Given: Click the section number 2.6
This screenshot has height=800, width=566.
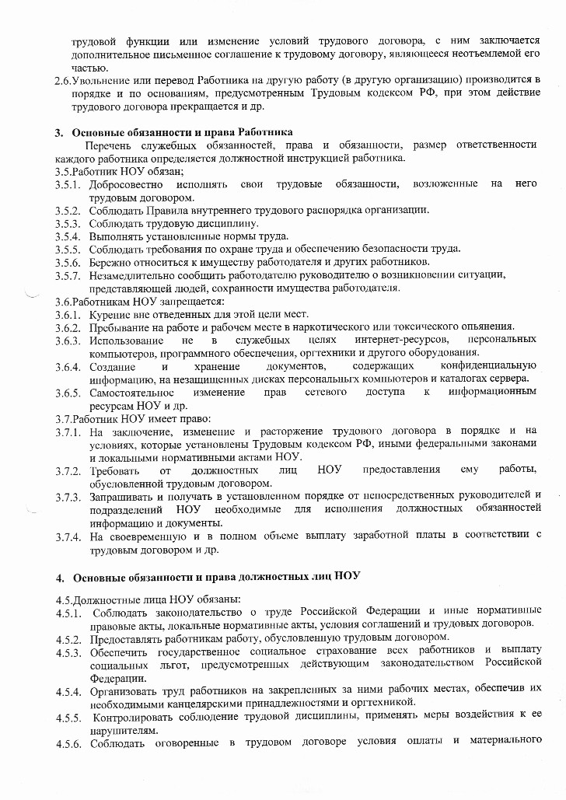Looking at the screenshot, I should [x=61, y=80].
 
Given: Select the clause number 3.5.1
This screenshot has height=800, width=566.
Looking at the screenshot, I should [x=68, y=184].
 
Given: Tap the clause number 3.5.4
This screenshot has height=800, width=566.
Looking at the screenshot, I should [x=68, y=236].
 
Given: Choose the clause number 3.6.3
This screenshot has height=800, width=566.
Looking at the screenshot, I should [x=68, y=341].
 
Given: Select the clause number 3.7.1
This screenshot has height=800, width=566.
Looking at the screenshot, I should [x=68, y=431].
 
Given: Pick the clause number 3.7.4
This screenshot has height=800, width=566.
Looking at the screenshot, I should [x=68, y=536].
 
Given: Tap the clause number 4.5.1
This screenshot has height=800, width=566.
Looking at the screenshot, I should [x=68, y=610].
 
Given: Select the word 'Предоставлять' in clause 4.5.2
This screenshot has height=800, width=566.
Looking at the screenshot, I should [x=127, y=638].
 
